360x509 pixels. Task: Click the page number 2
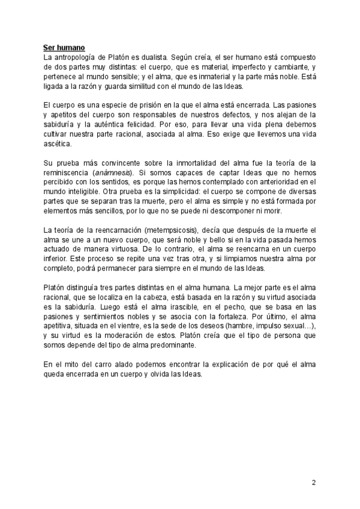(313, 483)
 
